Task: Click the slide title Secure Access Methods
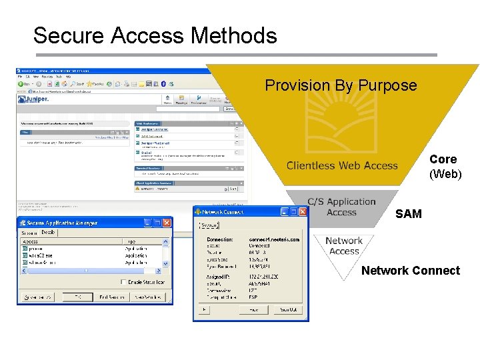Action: click(155, 35)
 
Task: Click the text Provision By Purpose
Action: click(341, 85)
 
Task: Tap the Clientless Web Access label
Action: click(342, 166)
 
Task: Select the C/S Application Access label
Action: click(341, 207)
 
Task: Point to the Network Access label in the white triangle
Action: click(344, 246)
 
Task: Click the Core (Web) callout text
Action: click(443, 167)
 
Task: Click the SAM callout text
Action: click(409, 214)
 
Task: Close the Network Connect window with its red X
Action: click(303, 212)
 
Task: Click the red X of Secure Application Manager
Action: click(167, 223)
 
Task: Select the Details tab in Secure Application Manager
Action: click(48, 233)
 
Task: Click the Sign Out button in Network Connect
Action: click(289, 310)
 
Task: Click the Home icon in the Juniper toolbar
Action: click(167, 99)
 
